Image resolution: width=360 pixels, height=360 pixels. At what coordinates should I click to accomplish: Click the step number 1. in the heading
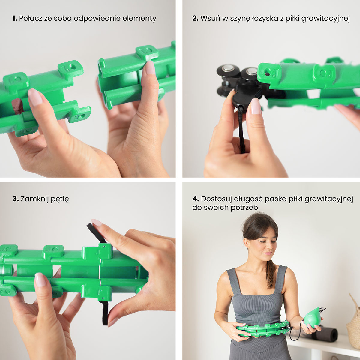coord(15,19)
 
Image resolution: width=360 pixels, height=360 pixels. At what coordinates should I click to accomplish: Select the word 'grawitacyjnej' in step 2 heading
coord(325,19)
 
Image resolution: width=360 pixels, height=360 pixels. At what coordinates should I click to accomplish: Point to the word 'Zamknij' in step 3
coord(34,199)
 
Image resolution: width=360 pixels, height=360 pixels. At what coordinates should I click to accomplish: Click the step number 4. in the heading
coord(196,199)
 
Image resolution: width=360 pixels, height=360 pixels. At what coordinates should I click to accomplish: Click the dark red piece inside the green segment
coord(17,106)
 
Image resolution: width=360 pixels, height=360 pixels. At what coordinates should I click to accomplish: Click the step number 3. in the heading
coord(16,199)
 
